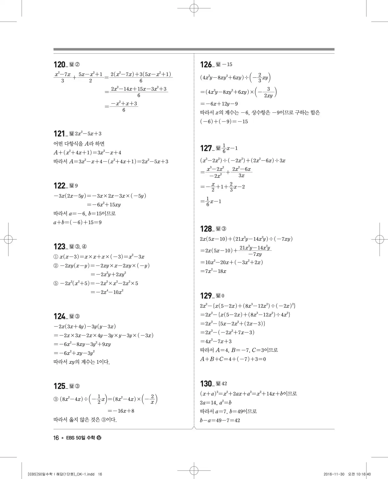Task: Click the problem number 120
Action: pyautogui.click(x=59, y=65)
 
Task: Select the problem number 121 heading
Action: pyautogui.click(x=59, y=134)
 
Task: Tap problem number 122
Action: pyautogui.click(x=59, y=186)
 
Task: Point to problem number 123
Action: pyautogui.click(x=59, y=246)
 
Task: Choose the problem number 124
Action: pyautogui.click(x=59, y=316)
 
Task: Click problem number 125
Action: pyautogui.click(x=59, y=386)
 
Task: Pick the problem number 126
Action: pyautogui.click(x=206, y=65)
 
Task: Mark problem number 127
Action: pyautogui.click(x=206, y=148)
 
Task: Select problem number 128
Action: pyautogui.click(x=206, y=229)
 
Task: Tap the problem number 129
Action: pyautogui.click(x=206, y=296)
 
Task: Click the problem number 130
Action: pyautogui.click(x=206, y=384)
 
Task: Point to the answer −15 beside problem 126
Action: pyautogui.click(x=227, y=65)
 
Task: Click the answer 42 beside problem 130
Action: pyautogui.click(x=224, y=384)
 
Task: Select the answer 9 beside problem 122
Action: pyautogui.click(x=76, y=186)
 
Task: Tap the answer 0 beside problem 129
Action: pyautogui.click(x=223, y=296)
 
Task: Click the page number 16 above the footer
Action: pyautogui.click(x=56, y=438)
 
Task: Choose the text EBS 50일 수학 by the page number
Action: pyautogui.click(x=80, y=438)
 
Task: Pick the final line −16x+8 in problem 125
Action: pyautogui.click(x=121, y=411)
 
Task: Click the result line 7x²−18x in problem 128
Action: pyautogui.click(x=213, y=271)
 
